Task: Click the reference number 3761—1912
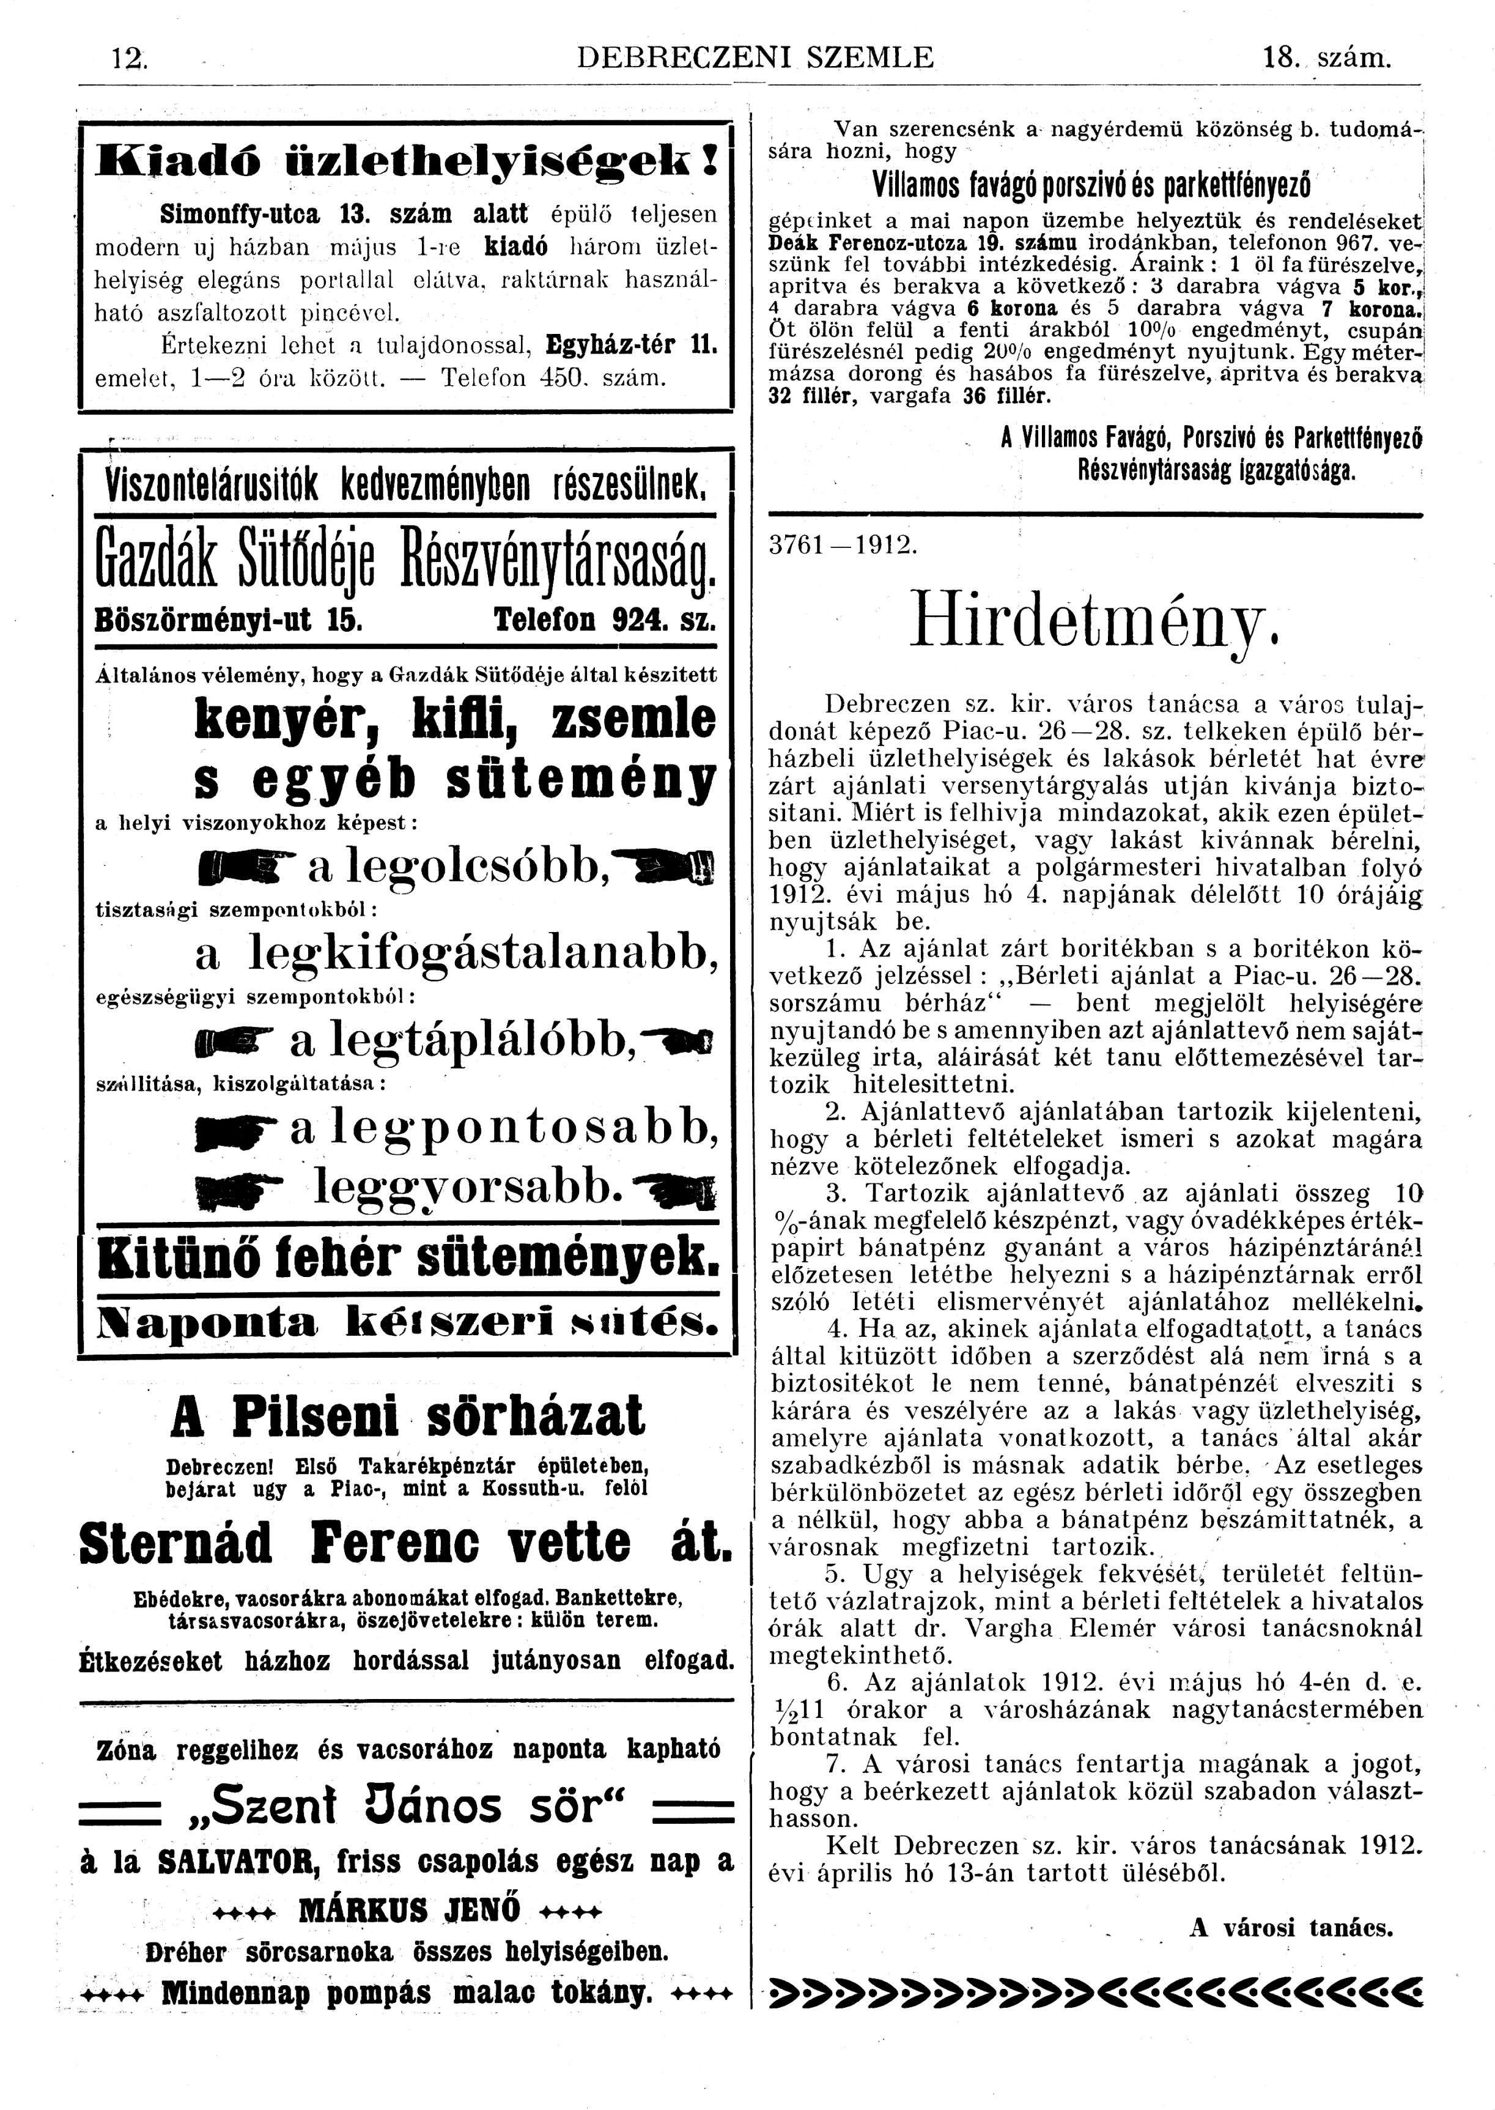[843, 544]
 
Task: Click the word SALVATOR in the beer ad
[238, 1862]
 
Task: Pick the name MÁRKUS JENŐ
[408, 1911]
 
